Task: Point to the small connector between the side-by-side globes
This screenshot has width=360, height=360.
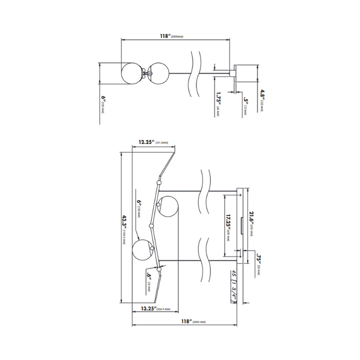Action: point(146,73)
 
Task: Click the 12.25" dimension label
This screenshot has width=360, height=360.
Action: point(148,142)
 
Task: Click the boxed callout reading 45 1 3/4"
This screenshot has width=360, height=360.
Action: point(233,286)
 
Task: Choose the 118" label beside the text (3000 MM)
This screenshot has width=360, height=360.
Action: point(184,321)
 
